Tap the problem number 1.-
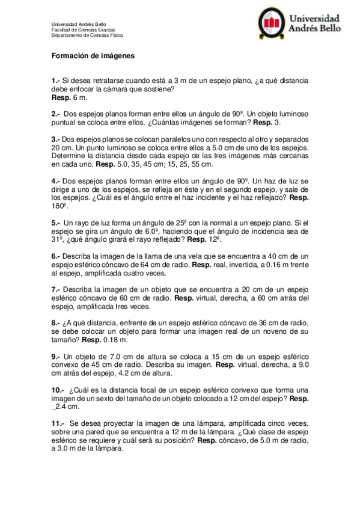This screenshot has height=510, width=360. coord(56,80)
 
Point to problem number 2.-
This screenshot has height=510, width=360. coord(56,114)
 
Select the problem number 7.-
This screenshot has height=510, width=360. coord(56,289)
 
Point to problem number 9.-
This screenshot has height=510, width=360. coord(56,356)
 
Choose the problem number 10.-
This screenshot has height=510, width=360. coord(58,390)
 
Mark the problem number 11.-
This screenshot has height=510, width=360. coord(58,423)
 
